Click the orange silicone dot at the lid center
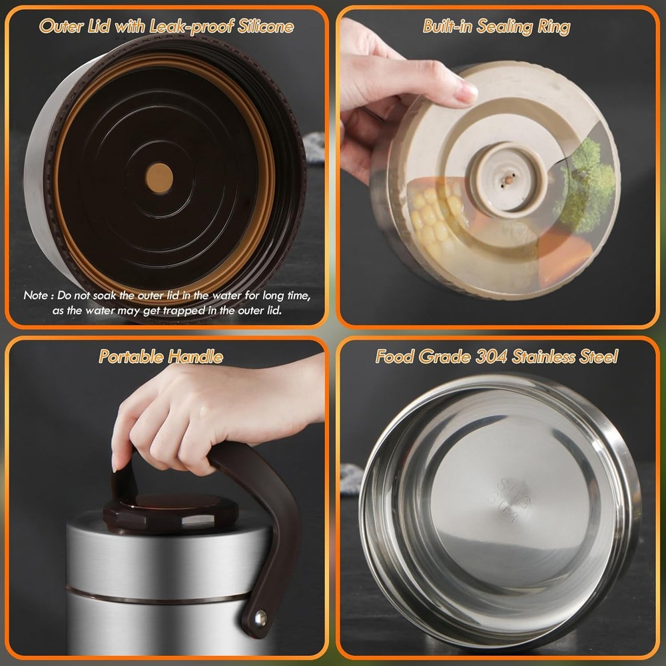159,178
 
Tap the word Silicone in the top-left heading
266,27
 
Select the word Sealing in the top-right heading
505,27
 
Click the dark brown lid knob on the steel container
170,513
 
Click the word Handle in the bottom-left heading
195,356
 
